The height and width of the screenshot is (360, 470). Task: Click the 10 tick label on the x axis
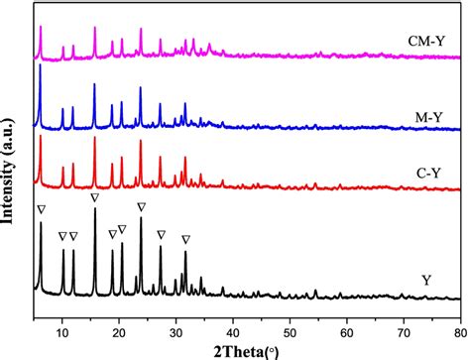62,317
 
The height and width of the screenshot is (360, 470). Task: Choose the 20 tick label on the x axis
119,317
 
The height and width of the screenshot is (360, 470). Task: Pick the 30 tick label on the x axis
176,317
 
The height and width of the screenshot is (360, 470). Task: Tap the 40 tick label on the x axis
233,317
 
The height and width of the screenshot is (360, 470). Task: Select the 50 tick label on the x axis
290,317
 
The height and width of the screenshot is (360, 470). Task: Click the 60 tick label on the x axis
346,317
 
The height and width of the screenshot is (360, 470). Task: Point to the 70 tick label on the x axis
403,317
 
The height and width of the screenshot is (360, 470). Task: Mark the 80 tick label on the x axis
458,317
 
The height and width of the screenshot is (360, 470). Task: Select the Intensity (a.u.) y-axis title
12,160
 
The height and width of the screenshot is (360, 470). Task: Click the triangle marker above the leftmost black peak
40,210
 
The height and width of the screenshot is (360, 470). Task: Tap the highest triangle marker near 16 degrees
94,198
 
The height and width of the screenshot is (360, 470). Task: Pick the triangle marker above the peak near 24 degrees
141,206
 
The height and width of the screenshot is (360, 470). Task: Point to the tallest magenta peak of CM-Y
40,29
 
